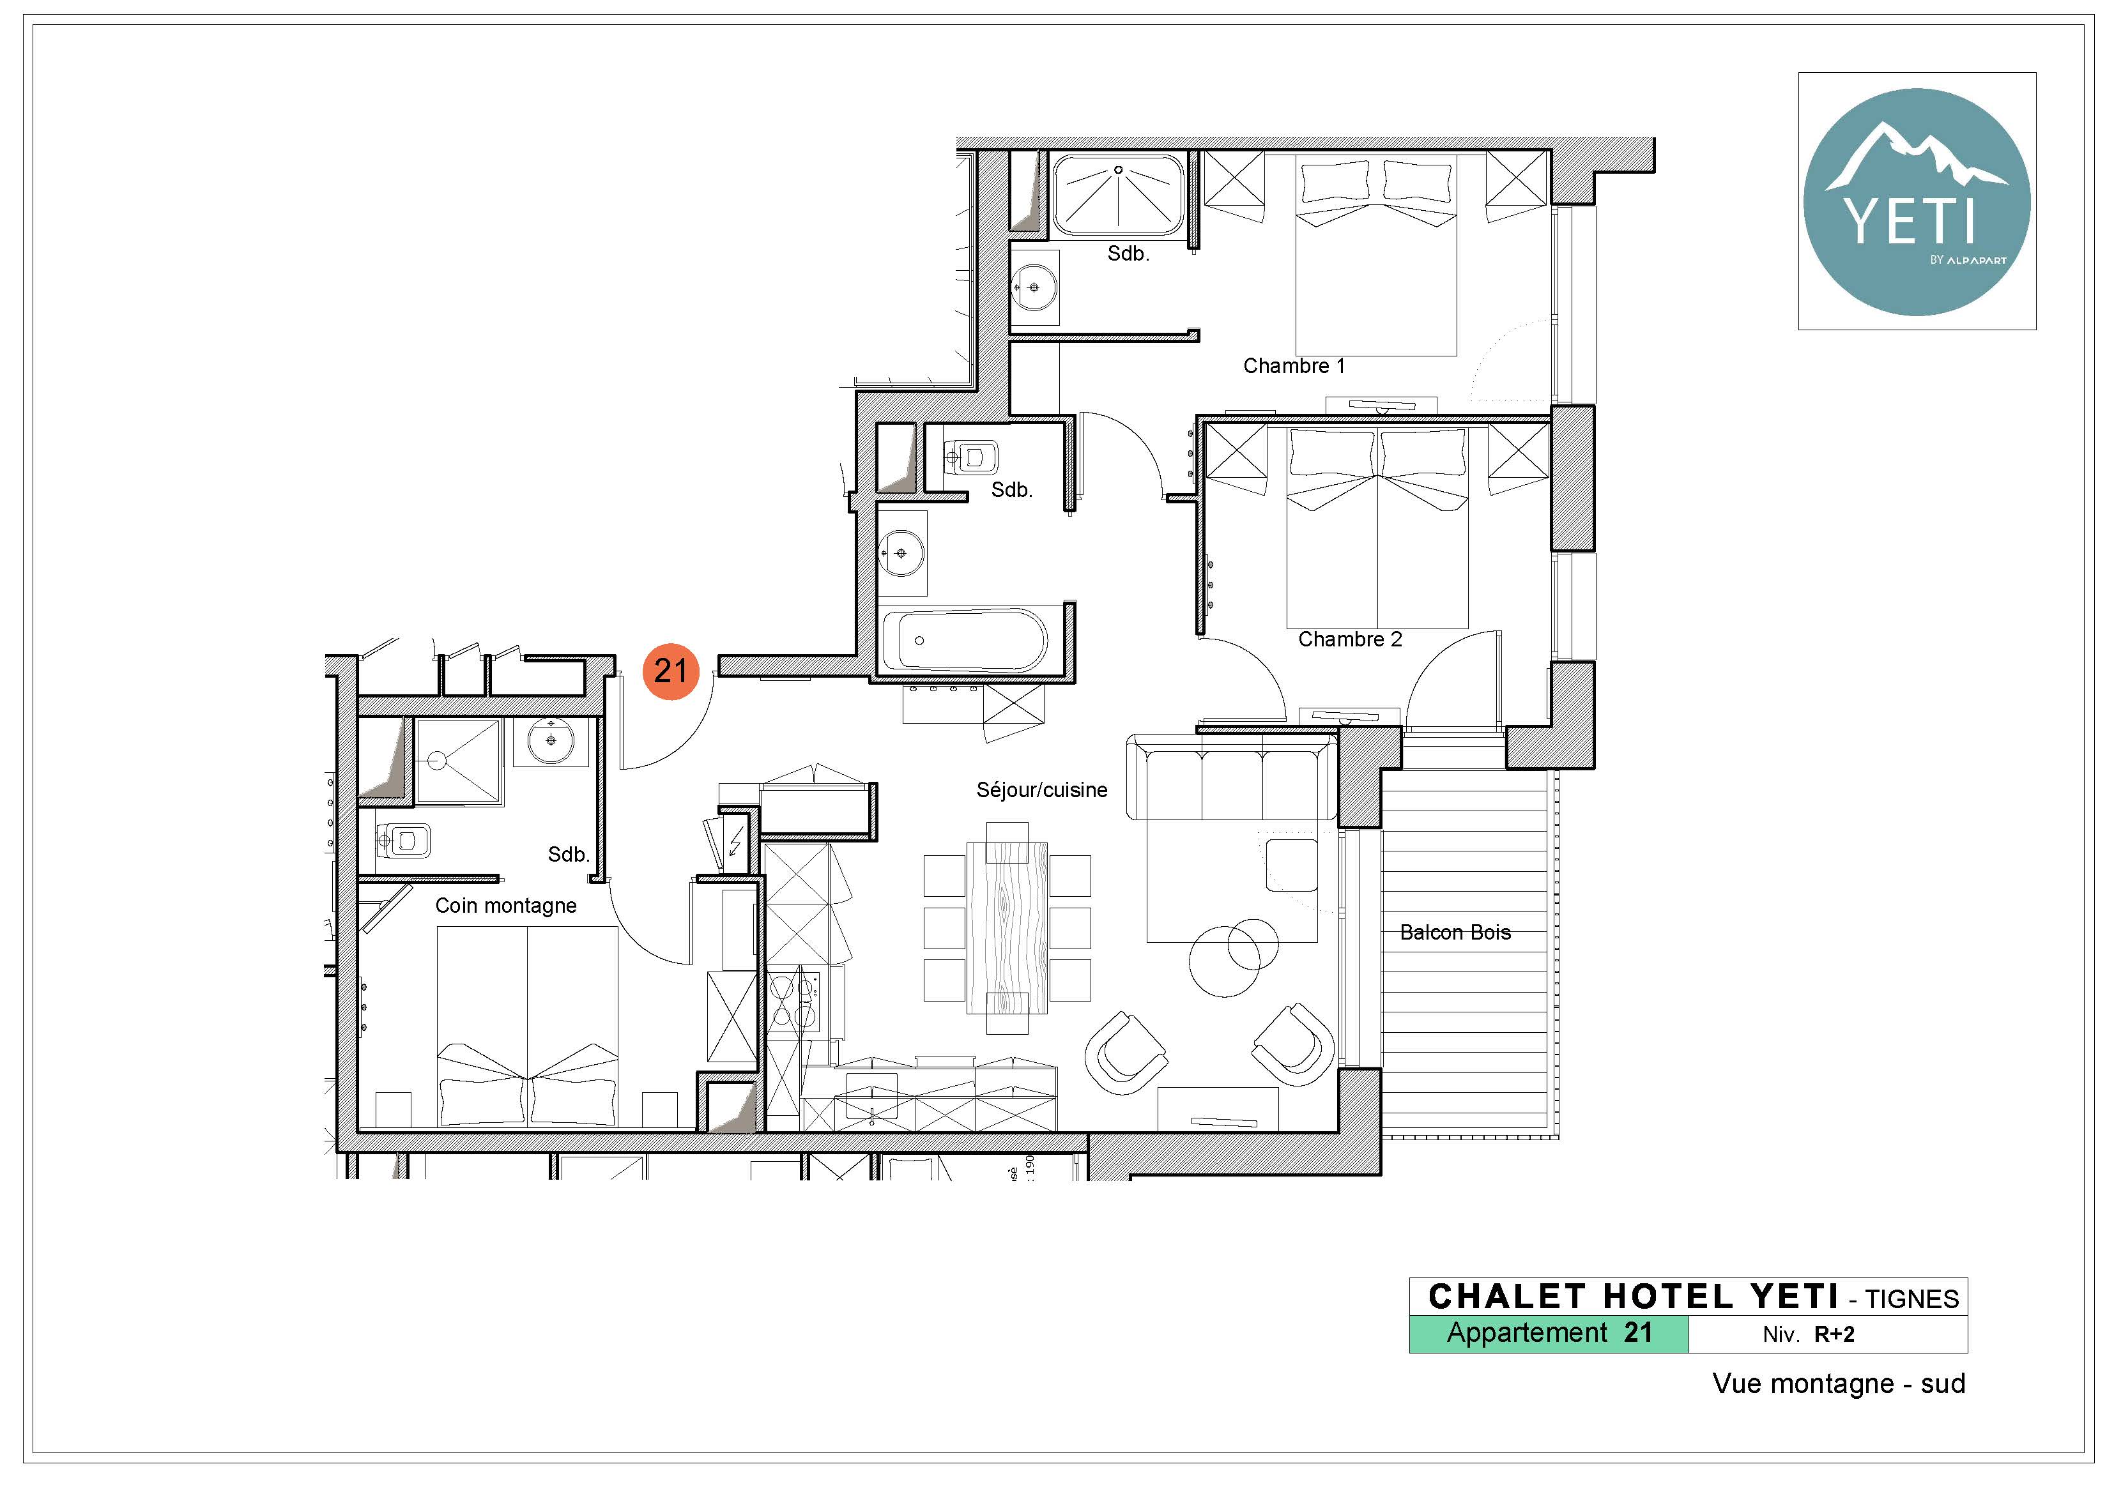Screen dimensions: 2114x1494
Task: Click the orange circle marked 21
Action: click(x=670, y=671)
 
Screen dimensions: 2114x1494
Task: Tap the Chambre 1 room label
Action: click(x=1294, y=367)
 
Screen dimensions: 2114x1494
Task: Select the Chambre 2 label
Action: click(x=1350, y=640)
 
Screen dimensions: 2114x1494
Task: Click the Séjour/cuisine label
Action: click(x=1041, y=790)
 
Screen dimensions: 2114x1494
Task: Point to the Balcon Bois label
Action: click(x=1455, y=933)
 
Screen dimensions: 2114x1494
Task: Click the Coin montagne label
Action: click(x=505, y=906)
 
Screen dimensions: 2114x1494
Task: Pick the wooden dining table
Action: click(x=1007, y=927)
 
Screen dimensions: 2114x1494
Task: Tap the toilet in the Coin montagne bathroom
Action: click(x=402, y=839)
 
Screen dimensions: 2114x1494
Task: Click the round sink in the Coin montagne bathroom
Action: click(x=551, y=741)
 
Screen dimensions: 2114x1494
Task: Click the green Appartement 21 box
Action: click(x=1549, y=1334)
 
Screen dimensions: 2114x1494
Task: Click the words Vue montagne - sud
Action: click(x=1839, y=1385)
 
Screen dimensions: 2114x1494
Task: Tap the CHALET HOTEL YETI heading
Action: click(x=1634, y=1297)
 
